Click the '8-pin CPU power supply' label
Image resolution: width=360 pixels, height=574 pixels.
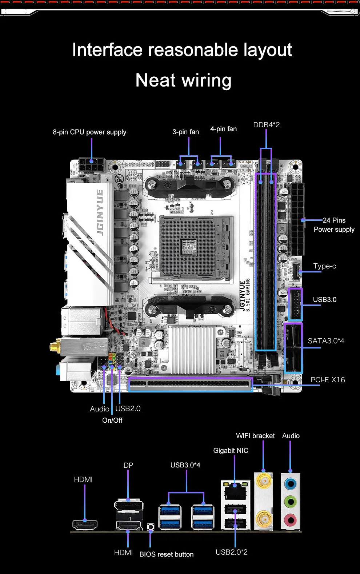(89, 132)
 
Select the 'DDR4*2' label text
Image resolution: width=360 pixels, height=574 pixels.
(266, 125)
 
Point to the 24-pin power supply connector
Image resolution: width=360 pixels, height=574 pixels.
(297, 220)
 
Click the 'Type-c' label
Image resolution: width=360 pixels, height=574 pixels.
(324, 266)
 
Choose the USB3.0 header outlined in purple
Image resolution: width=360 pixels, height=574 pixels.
(295, 304)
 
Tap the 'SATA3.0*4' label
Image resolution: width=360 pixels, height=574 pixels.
(326, 341)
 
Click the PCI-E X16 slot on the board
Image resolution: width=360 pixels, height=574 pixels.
(190, 384)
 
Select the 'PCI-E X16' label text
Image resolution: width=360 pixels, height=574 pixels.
(328, 380)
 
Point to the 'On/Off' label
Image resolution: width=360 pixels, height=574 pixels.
(112, 420)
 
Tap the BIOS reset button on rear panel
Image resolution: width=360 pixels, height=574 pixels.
(151, 527)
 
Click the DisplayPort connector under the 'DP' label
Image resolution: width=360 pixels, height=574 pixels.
(129, 506)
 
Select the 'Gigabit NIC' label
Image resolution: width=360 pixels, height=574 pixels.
(231, 450)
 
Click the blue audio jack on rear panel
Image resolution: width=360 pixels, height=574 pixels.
(290, 484)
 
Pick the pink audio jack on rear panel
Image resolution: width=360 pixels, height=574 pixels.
(290, 519)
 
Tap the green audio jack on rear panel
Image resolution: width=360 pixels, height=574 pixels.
(290, 502)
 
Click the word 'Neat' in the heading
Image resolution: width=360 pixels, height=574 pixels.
(156, 80)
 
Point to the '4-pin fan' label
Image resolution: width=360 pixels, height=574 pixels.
(223, 129)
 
